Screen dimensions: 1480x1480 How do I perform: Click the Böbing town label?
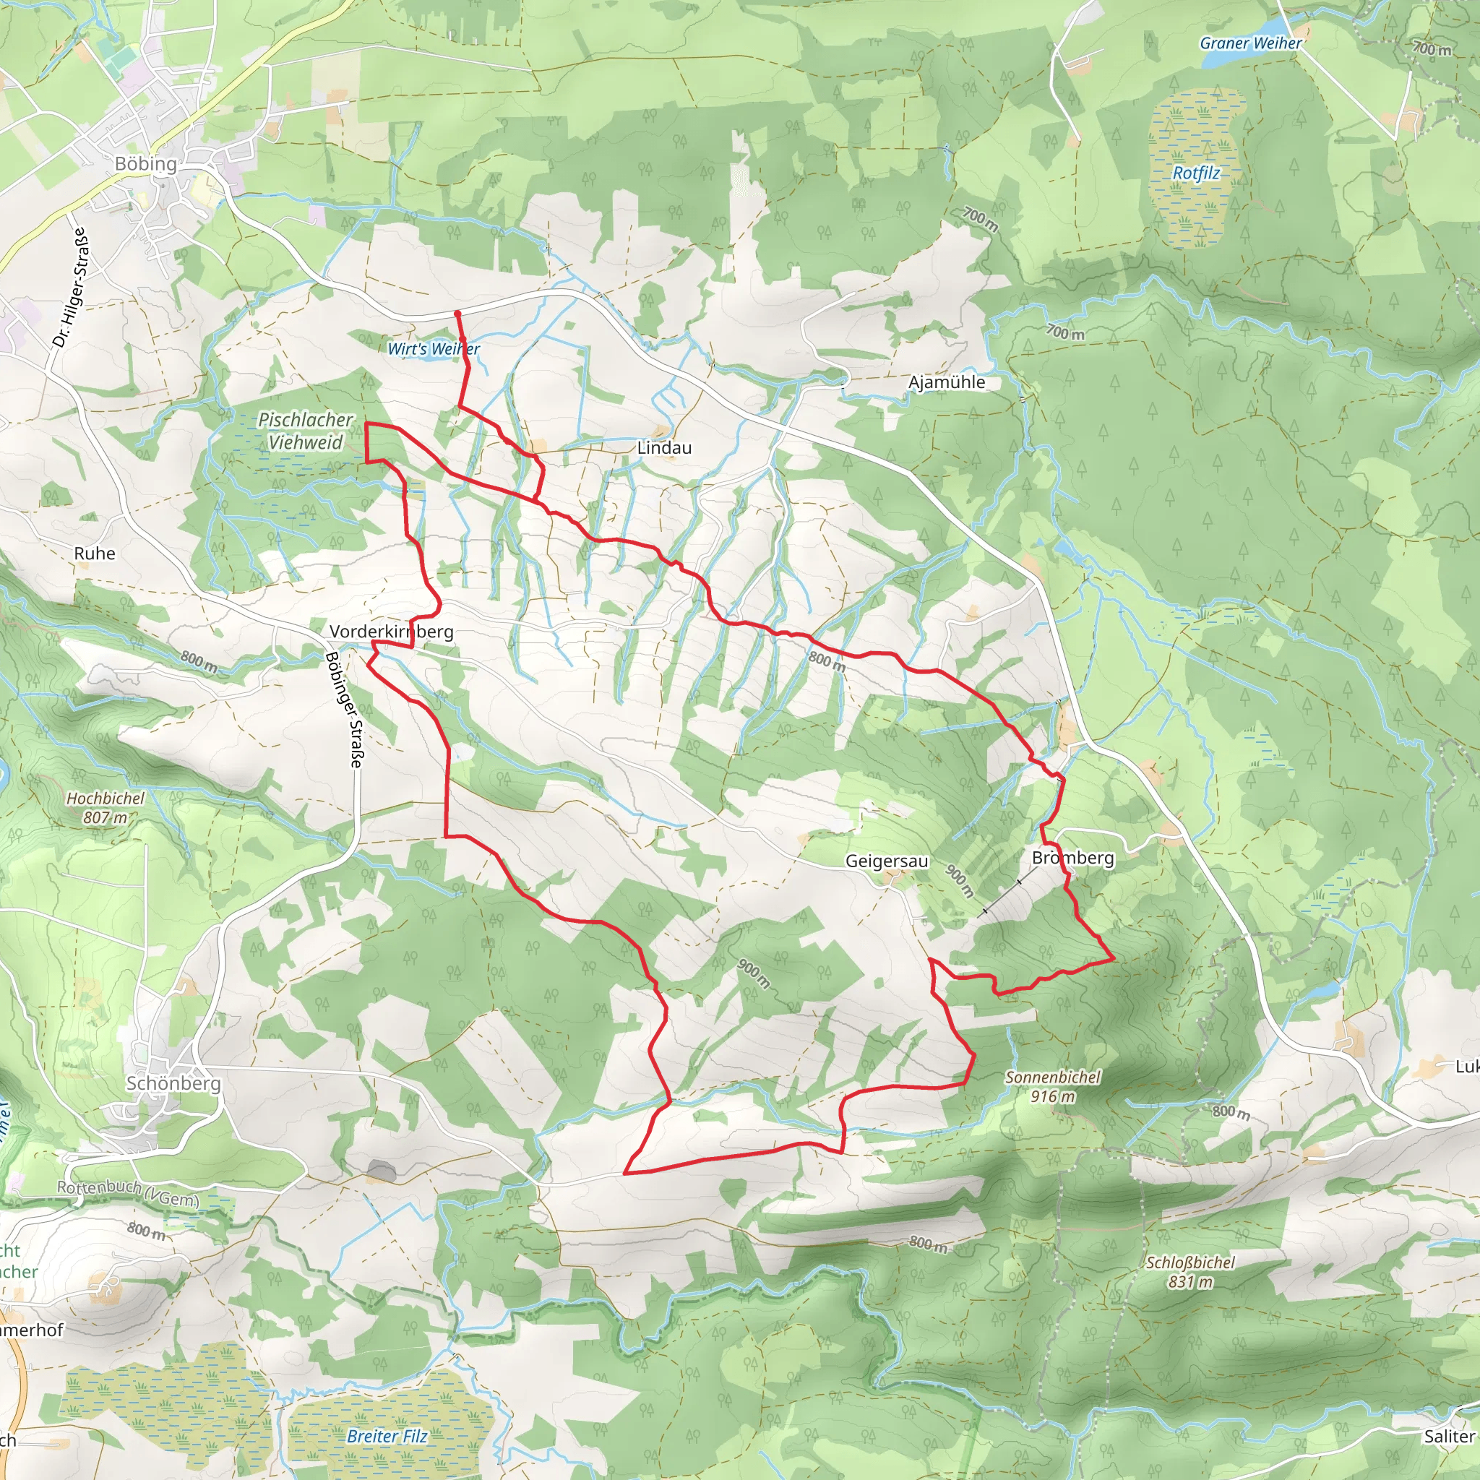click(x=145, y=164)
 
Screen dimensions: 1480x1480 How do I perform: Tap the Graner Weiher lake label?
click(x=1250, y=43)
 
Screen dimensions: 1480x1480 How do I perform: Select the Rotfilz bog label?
click(x=1196, y=173)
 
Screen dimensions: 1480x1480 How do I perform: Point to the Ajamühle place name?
click(x=947, y=382)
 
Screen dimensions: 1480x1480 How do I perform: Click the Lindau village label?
click(x=664, y=448)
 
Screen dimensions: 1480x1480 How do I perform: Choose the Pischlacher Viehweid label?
click(x=306, y=431)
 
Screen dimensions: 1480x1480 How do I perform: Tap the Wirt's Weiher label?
click(x=434, y=349)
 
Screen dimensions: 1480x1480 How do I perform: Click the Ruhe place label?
click(x=95, y=554)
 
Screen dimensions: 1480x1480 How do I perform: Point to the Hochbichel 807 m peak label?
click(x=105, y=808)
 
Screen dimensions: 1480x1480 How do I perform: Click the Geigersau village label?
click(x=886, y=861)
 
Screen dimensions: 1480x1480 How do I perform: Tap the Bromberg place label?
click(x=1072, y=858)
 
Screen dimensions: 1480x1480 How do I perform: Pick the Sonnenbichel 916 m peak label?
click(x=1052, y=1086)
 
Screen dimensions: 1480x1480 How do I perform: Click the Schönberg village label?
click(x=173, y=1083)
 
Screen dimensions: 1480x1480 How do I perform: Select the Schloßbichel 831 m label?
click(x=1190, y=1272)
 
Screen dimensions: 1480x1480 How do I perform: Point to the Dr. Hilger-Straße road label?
click(x=72, y=288)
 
